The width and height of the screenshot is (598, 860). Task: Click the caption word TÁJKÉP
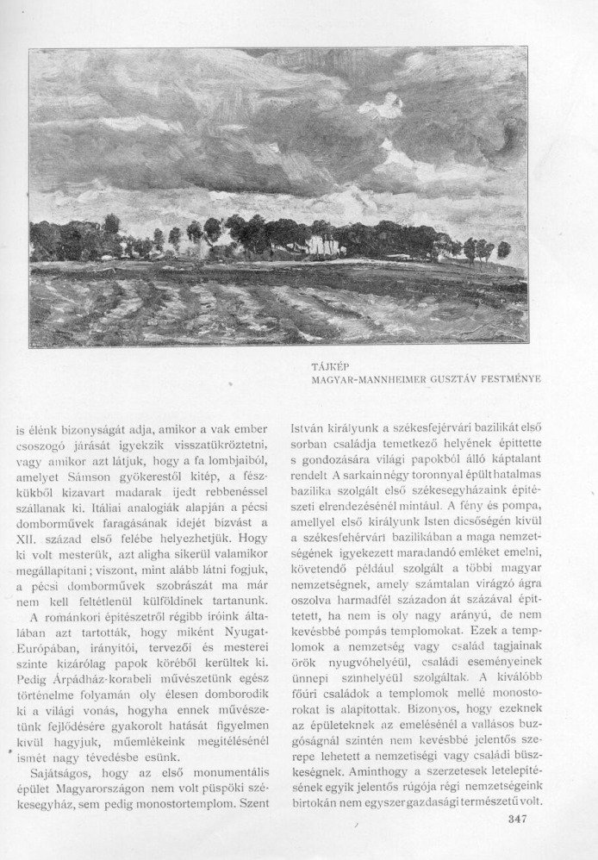click(x=328, y=366)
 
